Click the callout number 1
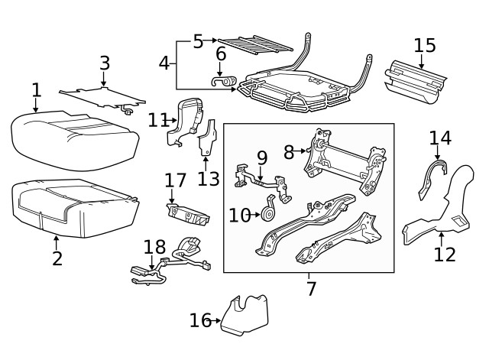point(36,91)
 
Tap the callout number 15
point(424,44)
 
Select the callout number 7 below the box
point(310,289)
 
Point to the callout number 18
point(154,246)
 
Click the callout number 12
point(444,255)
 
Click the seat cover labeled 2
point(73,203)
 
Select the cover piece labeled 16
point(244,315)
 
